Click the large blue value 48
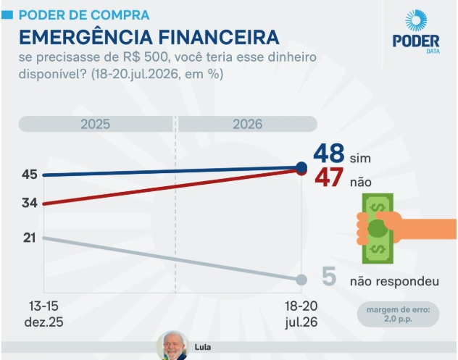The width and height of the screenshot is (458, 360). (328, 153)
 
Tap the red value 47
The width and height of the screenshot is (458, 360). (329, 177)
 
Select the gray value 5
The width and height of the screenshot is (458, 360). (329, 276)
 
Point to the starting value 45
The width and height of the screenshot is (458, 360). (30, 175)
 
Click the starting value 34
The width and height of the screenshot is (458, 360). (30, 203)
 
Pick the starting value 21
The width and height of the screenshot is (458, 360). (30, 238)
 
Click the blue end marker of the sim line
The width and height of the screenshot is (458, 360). (301, 167)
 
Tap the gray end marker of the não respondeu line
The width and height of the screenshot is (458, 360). (301, 280)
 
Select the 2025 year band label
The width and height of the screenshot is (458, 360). (95, 124)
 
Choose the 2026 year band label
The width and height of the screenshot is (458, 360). (247, 124)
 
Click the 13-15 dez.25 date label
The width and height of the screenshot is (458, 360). (43, 314)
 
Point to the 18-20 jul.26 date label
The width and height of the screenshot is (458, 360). (301, 314)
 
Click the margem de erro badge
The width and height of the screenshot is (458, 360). (398, 314)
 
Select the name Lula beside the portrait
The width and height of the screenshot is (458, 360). (203, 347)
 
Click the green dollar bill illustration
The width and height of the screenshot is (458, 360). (378, 228)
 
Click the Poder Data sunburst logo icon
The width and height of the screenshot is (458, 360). (416, 20)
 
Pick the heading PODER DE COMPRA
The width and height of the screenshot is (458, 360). (84, 15)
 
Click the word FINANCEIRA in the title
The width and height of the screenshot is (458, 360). (219, 37)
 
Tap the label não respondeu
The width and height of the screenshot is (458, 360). (395, 282)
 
